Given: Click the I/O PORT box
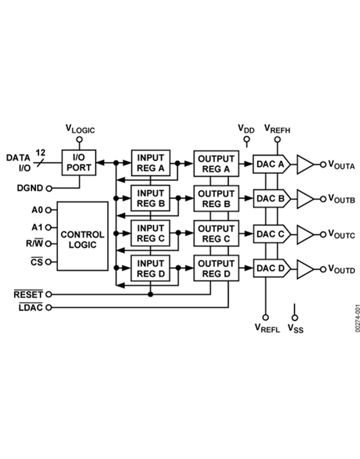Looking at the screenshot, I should point(79,162).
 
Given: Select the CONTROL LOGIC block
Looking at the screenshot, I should point(82,236).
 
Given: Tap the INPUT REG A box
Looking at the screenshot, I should point(150,162).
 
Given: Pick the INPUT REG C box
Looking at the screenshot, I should point(150,233).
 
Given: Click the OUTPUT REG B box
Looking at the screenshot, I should point(216,198).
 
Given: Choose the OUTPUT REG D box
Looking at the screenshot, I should point(216,269).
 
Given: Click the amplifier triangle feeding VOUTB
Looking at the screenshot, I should point(305,198).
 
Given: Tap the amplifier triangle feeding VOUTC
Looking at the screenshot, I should point(305,234).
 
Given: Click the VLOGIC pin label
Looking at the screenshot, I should point(80,129).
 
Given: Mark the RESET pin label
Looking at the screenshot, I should point(28,295).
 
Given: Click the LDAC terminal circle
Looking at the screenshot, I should point(49,307).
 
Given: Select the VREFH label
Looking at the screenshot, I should point(277,129).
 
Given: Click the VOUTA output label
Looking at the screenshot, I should point(341,164).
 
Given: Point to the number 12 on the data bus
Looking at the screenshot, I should point(40,152).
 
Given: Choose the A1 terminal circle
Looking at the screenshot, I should point(49,227).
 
